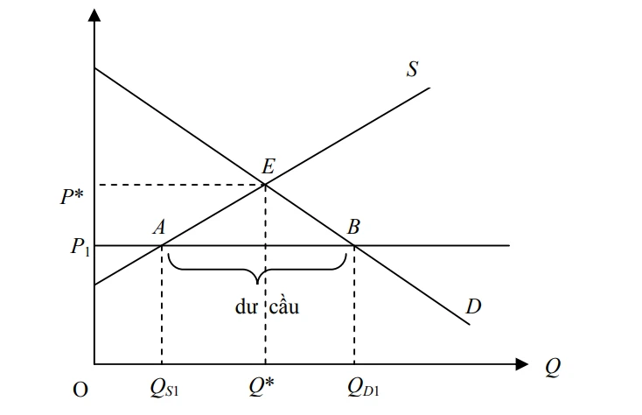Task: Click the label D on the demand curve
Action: (x=472, y=306)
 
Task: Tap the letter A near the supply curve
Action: (x=159, y=228)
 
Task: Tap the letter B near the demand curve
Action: (x=353, y=228)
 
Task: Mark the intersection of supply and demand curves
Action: (x=265, y=184)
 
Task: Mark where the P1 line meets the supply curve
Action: (x=162, y=246)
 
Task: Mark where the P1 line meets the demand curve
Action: (x=354, y=246)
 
